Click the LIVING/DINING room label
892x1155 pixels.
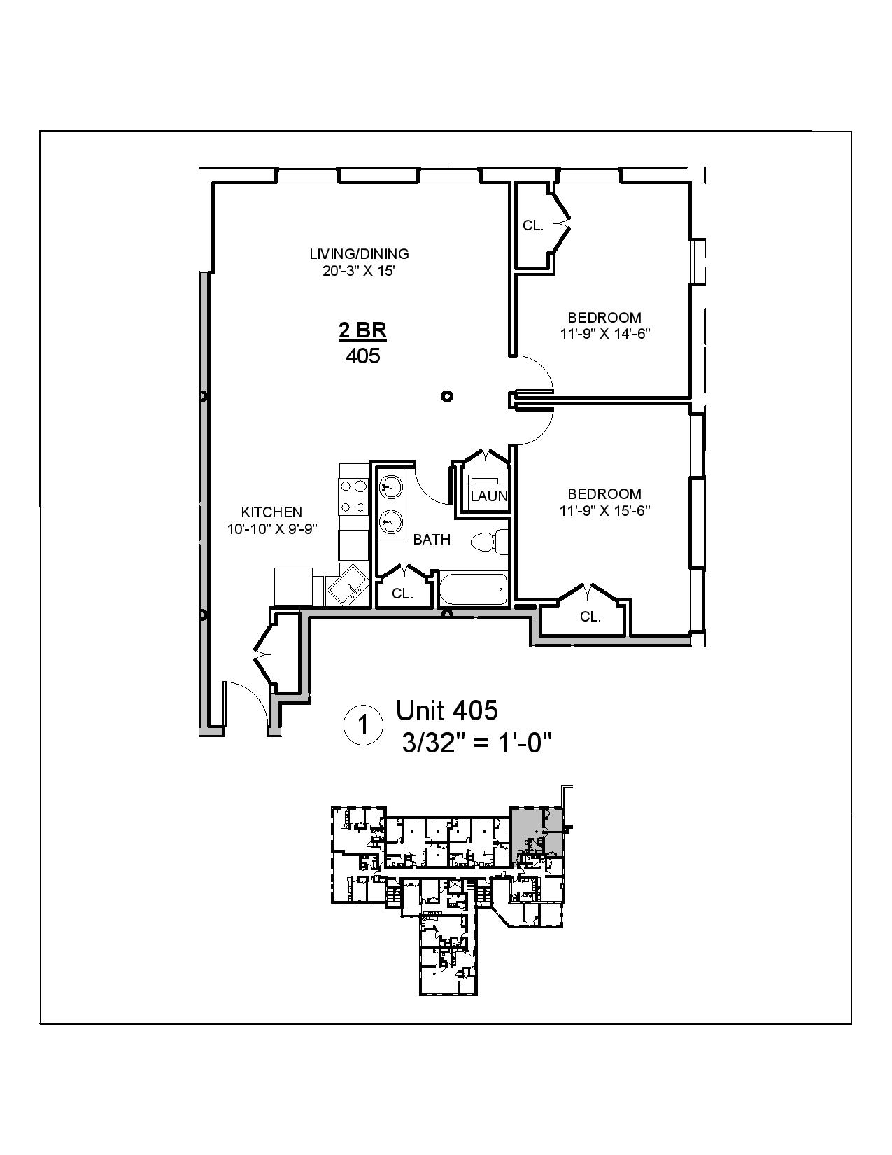[360, 254]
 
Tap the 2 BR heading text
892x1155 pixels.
[362, 330]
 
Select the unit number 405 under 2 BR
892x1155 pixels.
[363, 356]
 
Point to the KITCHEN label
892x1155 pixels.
[271, 512]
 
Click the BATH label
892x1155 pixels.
[432, 540]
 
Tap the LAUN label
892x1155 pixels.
[488, 496]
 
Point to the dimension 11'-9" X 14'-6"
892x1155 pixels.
[605, 334]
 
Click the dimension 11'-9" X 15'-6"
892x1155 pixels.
[605, 511]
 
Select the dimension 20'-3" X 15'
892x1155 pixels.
[360, 271]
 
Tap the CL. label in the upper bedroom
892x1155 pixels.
[533, 225]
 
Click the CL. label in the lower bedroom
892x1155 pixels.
[590, 617]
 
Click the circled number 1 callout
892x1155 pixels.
[363, 725]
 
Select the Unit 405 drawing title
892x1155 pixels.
[447, 710]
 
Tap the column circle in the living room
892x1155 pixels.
[447, 396]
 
